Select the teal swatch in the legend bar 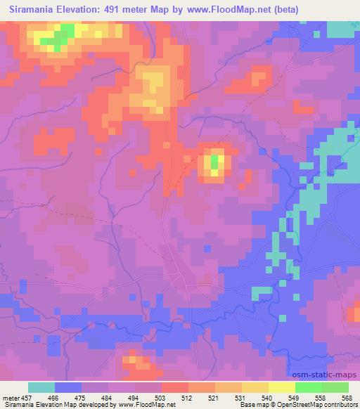(x=41, y=387)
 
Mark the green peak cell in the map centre (x=214, y=164)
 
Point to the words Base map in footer (x=252, y=405)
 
